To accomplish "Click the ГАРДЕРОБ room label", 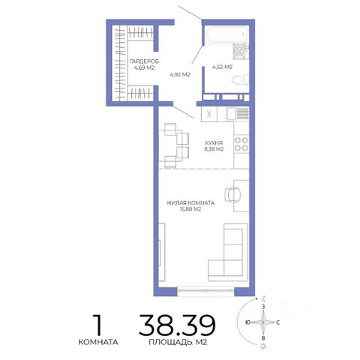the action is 144,61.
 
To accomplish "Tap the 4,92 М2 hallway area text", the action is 180,74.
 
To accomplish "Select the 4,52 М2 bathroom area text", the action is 222,67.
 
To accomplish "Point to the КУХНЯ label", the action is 214,143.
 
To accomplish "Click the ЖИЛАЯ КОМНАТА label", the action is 190,203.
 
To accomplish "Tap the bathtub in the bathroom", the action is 226,34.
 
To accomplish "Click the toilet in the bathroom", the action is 240,80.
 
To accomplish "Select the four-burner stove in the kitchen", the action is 241,144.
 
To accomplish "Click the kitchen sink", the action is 232,114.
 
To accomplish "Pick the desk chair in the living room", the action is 232,194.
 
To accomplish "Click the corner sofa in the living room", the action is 228,252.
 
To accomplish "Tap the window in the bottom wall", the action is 205,290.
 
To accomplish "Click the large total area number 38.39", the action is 177,325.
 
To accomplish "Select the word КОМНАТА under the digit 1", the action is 98,342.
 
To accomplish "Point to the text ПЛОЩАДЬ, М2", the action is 178,342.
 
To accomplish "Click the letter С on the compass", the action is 277,322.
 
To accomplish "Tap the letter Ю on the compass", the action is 247,322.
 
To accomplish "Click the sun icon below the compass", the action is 262,346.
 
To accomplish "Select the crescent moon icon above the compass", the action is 263,298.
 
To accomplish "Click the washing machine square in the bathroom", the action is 239,52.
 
